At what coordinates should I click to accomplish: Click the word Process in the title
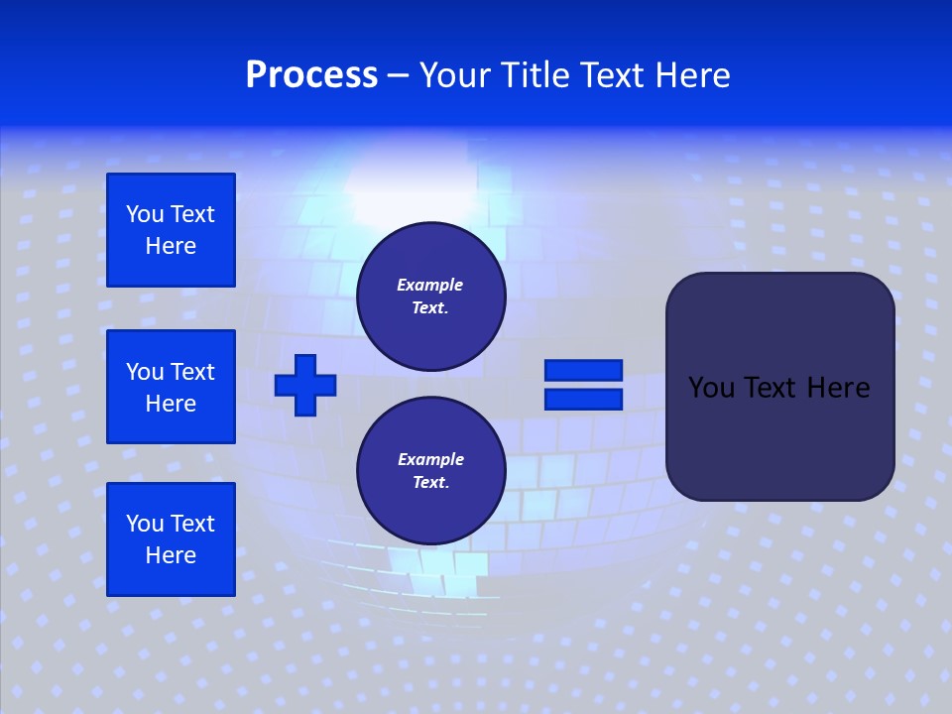pyautogui.click(x=311, y=75)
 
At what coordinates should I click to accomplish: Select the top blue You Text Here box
pyautogui.click(x=171, y=230)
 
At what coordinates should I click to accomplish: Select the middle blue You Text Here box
pyautogui.click(x=171, y=387)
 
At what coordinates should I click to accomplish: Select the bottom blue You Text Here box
pyautogui.click(x=171, y=538)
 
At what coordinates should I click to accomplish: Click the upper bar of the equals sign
pyautogui.click(x=583, y=370)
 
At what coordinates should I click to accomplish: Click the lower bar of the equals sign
pyautogui.click(x=583, y=400)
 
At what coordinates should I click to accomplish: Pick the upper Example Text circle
pyautogui.click(x=430, y=297)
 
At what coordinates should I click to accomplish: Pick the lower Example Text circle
pyautogui.click(x=430, y=471)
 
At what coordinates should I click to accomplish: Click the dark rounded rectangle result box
pyautogui.click(x=779, y=436)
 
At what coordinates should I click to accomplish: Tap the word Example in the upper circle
pyautogui.click(x=430, y=285)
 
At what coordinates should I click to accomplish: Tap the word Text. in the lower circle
pyautogui.click(x=430, y=483)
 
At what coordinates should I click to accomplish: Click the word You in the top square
pyautogui.click(x=145, y=214)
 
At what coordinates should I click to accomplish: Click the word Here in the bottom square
pyautogui.click(x=171, y=555)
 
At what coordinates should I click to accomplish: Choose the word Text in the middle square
pyautogui.click(x=192, y=372)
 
